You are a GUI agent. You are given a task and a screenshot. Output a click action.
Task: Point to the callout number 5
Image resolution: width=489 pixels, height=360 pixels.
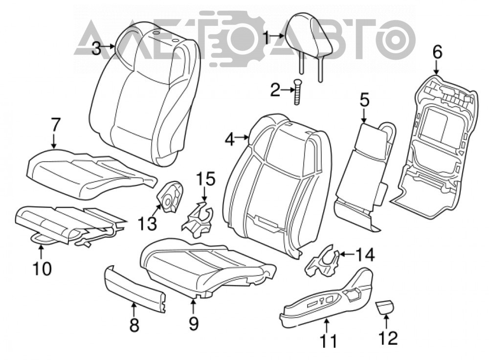(x=364, y=100)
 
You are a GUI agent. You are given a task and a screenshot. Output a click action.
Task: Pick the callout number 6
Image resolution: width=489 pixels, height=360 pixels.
(x=437, y=52)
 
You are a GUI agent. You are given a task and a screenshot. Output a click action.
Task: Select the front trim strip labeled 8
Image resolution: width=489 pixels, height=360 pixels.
(x=134, y=289)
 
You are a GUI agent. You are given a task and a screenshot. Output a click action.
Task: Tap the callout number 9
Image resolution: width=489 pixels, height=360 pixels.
(x=194, y=323)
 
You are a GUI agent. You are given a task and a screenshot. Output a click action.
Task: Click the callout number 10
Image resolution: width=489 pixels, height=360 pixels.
(x=42, y=268)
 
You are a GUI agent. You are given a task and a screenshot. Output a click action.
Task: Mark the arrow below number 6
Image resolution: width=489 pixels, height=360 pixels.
(x=436, y=67)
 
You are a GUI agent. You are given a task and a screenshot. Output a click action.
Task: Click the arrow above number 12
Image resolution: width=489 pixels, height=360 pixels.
(x=386, y=321)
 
